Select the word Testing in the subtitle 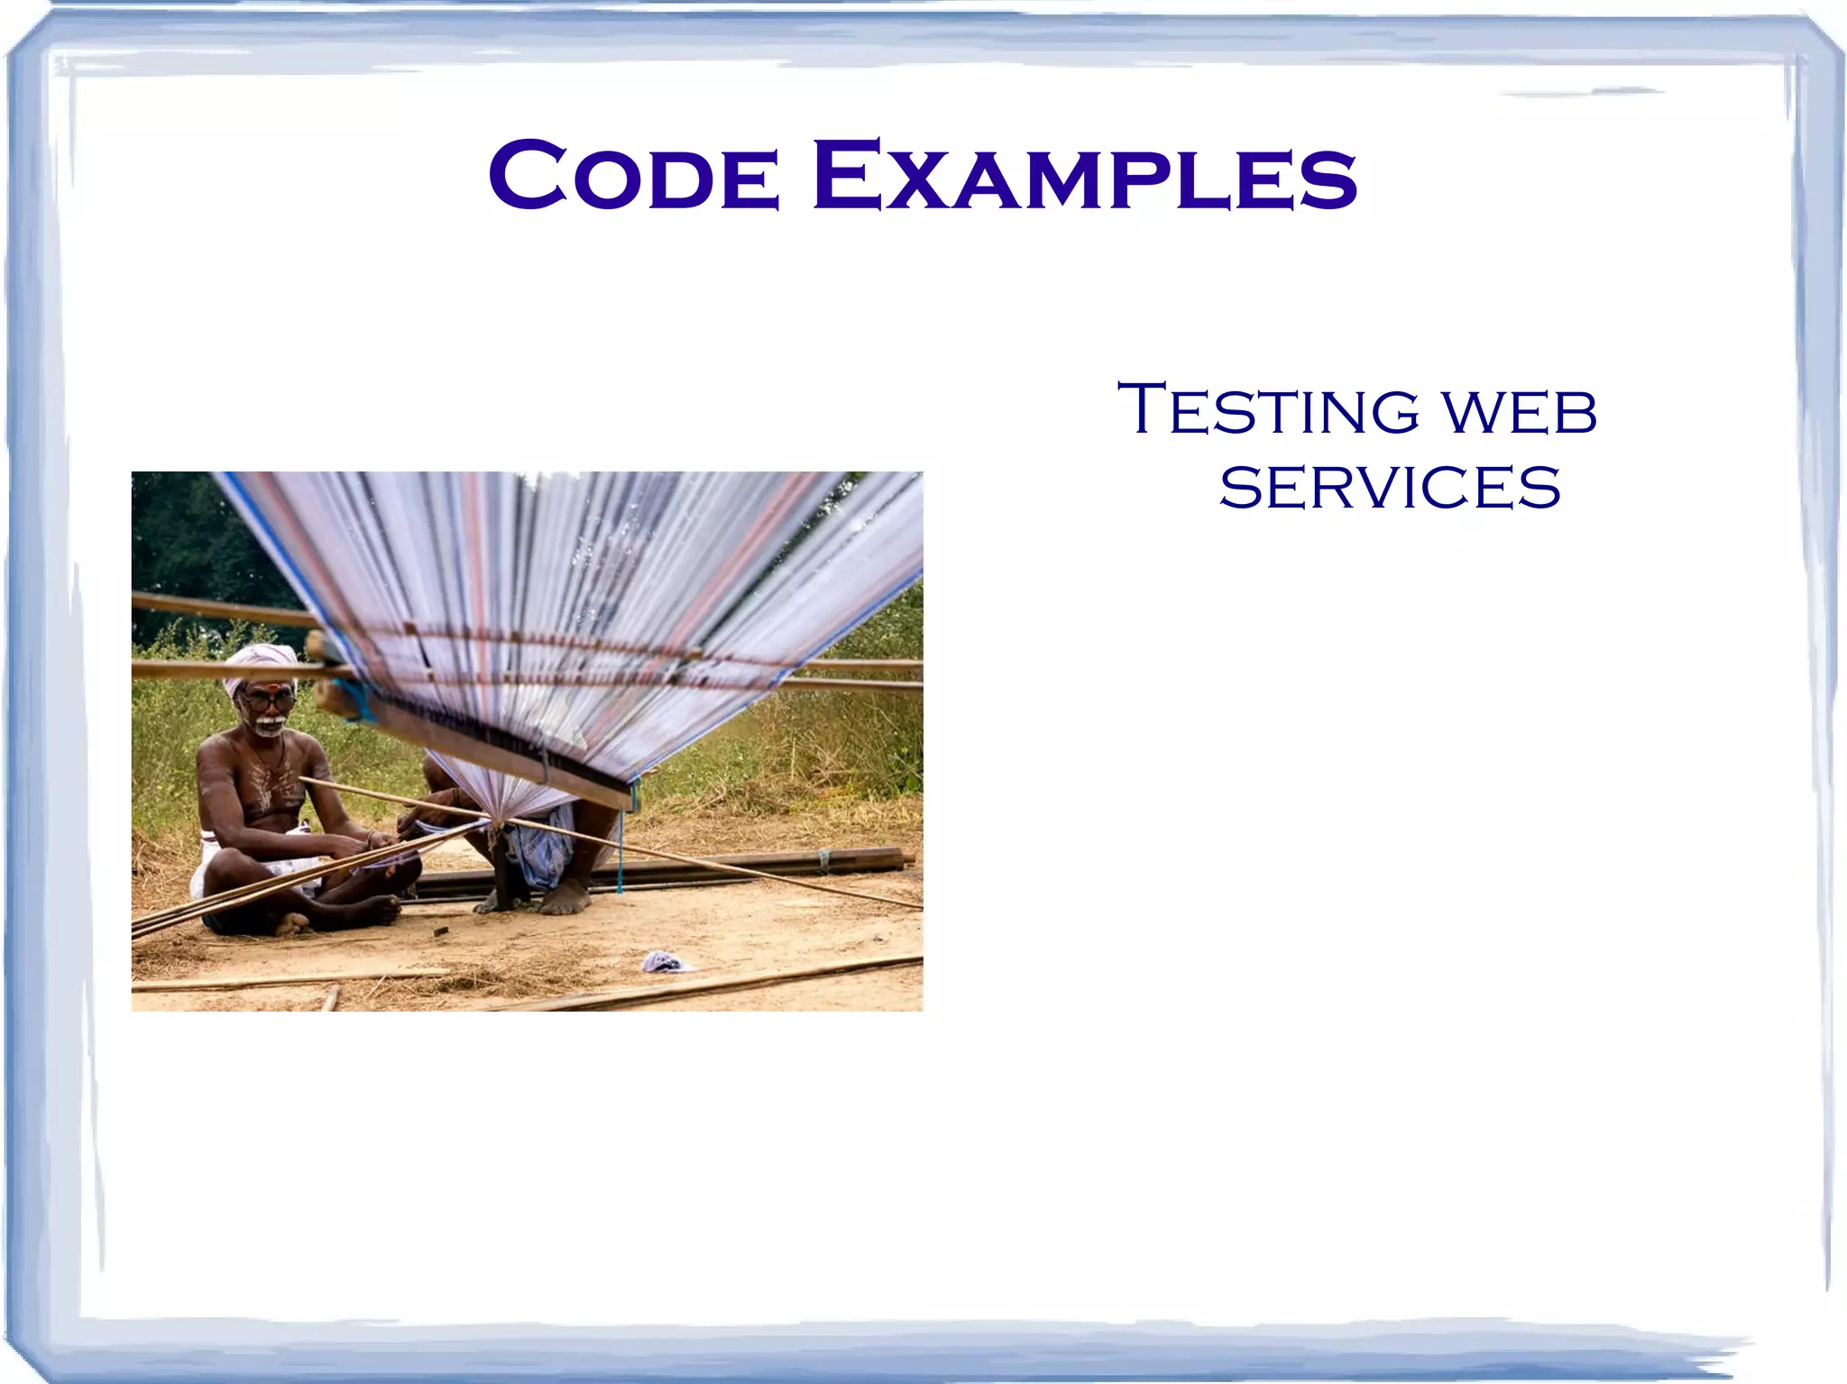point(1268,410)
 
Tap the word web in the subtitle point(1519,412)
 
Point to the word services point(1389,488)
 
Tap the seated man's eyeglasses point(269,700)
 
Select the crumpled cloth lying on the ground point(663,962)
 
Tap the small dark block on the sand point(441,931)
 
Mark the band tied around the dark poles point(823,860)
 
